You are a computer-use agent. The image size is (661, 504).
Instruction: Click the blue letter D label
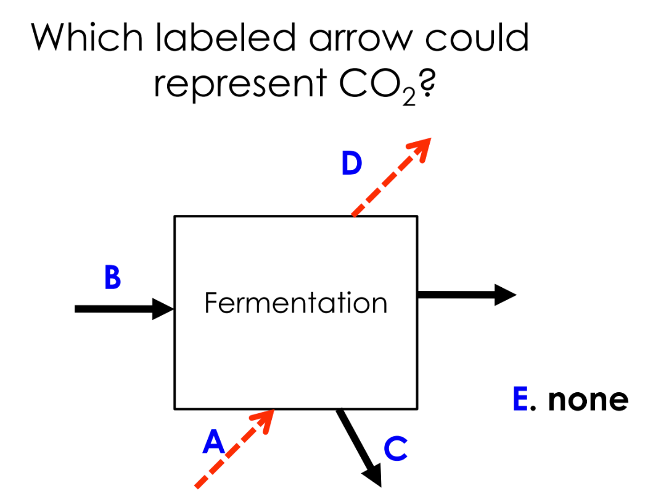[x=351, y=164]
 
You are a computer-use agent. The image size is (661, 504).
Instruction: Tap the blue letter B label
[x=112, y=278]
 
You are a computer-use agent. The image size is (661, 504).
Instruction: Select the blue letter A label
[x=213, y=442]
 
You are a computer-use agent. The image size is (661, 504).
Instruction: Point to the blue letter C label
[x=395, y=448]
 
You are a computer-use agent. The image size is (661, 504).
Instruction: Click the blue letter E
[x=520, y=400]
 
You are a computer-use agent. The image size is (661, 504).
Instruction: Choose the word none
[x=588, y=400]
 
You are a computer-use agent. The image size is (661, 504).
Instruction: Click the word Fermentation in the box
[x=295, y=303]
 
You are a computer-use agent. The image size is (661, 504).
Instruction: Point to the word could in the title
[x=486, y=38]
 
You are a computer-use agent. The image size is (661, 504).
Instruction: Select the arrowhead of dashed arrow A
[x=265, y=416]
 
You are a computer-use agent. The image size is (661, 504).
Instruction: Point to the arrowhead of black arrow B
[x=164, y=308]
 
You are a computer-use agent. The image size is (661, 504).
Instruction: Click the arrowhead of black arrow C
[x=372, y=476]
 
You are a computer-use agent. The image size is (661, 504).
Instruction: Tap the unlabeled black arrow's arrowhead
[x=506, y=295]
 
